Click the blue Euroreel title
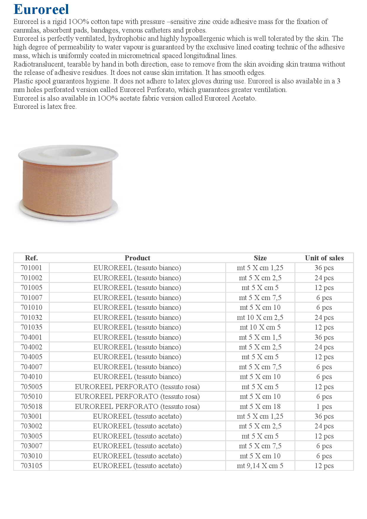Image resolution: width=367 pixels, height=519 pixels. (x=41, y=9)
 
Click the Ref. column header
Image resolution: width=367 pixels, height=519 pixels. (x=31, y=258)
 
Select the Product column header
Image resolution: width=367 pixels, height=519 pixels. (x=137, y=258)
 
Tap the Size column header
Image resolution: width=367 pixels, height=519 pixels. (x=260, y=258)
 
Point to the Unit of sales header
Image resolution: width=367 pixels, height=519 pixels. (x=324, y=258)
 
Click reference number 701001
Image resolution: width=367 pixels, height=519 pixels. (x=31, y=268)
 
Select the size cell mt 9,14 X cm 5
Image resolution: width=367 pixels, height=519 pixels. (x=260, y=466)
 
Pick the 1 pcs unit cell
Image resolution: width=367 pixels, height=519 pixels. (x=324, y=407)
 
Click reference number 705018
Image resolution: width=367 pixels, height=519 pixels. (x=31, y=407)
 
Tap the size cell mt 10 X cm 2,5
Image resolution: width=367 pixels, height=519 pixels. (x=260, y=317)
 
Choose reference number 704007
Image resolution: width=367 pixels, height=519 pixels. (x=31, y=367)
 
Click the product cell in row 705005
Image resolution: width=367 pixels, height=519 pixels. (x=137, y=387)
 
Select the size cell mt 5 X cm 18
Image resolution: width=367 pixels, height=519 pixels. (x=260, y=407)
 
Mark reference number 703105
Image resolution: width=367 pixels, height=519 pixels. (x=31, y=466)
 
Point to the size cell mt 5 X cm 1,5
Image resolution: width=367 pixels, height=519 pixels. (x=260, y=337)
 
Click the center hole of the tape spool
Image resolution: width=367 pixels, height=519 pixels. (x=68, y=152)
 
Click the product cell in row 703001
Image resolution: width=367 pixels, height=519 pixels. (x=137, y=416)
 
